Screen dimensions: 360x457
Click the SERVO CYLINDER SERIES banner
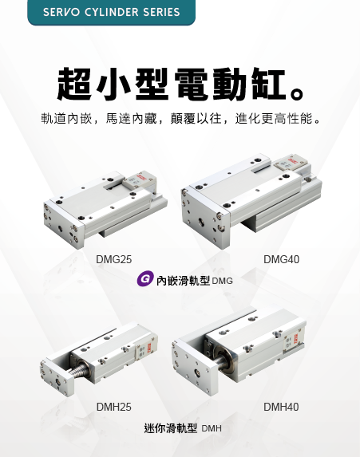click(x=111, y=12)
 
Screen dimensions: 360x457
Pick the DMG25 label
click(x=114, y=259)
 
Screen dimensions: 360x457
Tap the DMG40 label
click(x=281, y=259)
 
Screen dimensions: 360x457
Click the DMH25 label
click(x=114, y=407)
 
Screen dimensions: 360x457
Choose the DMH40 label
click(x=281, y=407)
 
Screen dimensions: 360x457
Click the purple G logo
click(x=145, y=278)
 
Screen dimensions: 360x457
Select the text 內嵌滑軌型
click(x=184, y=281)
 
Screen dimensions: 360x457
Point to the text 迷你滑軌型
click(x=171, y=428)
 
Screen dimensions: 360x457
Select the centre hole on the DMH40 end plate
click(x=198, y=372)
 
